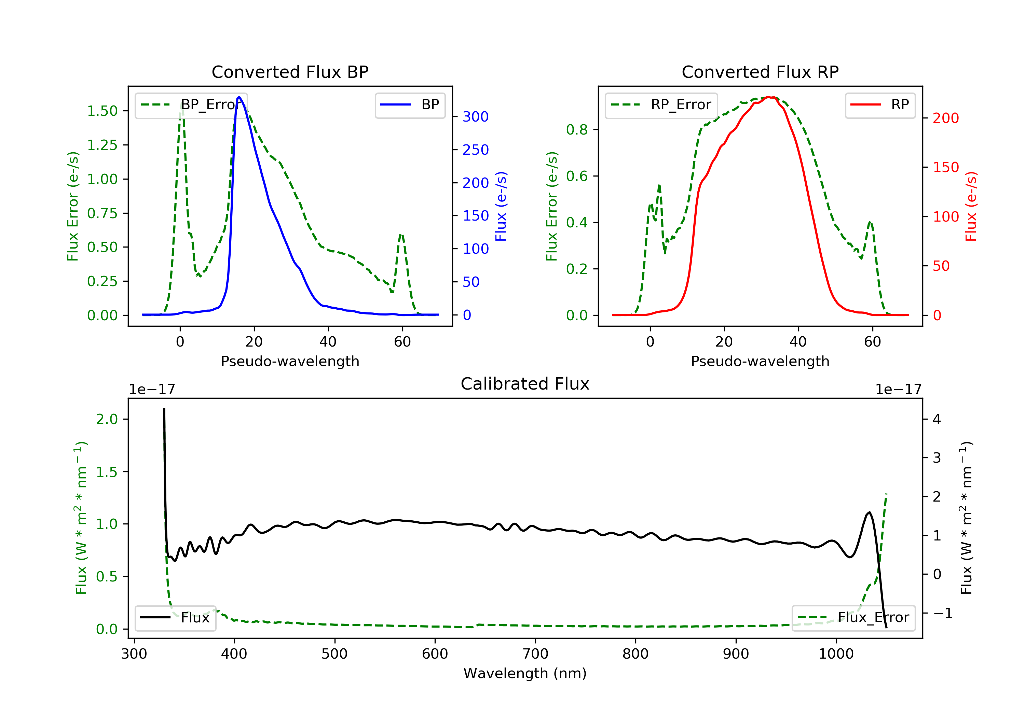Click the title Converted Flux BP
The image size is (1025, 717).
[x=290, y=72]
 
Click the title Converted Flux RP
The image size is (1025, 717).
[x=760, y=72]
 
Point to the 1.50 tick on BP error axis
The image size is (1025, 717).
[x=102, y=111]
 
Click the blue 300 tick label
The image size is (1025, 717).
[x=476, y=117]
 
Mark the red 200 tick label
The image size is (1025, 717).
[x=945, y=118]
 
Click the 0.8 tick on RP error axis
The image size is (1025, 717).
[x=576, y=130]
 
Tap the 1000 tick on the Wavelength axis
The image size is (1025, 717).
[x=836, y=654]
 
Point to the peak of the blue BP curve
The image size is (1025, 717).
[x=239, y=97]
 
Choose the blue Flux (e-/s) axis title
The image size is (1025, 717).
[x=501, y=206]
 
